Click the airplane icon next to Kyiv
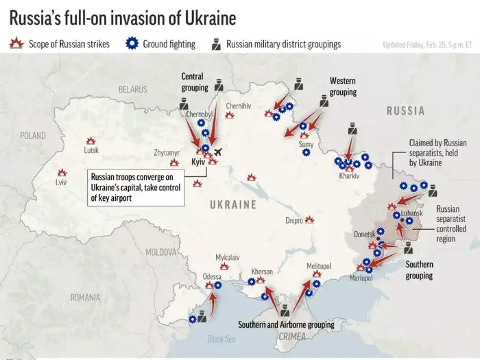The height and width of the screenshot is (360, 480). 218,152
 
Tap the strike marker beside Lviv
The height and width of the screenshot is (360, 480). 62,173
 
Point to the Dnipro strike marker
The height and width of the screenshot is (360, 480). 310,220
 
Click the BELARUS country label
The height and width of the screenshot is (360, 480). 132,89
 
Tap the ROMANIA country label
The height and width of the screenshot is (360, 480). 85,297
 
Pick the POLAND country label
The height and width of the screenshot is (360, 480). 32,136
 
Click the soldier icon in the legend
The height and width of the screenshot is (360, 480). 215,45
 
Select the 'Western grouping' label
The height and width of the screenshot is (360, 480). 343,86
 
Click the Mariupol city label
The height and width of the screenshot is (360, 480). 361,278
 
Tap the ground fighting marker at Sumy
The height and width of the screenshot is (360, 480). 306,154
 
